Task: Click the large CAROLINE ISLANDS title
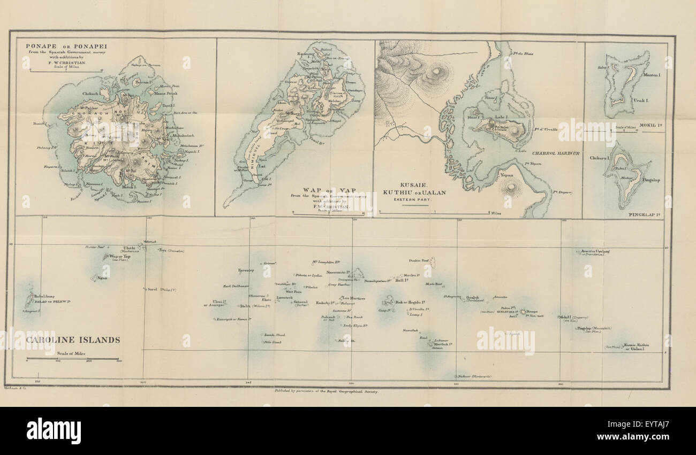tap(73, 340)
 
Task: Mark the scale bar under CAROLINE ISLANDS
tap(72, 358)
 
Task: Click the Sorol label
tap(153, 289)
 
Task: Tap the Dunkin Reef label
tap(418, 261)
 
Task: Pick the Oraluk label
tap(471, 297)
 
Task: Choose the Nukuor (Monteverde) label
tap(474, 377)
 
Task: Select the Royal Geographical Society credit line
tap(326, 392)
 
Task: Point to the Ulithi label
tap(130, 248)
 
